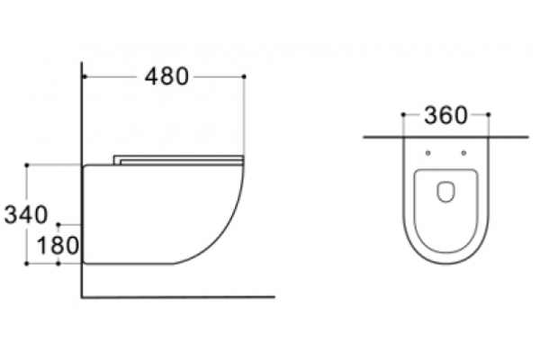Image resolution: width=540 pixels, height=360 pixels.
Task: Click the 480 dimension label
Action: click(x=166, y=76)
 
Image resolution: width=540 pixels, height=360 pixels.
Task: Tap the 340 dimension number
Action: click(x=26, y=214)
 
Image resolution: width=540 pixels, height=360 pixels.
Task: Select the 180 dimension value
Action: click(x=58, y=246)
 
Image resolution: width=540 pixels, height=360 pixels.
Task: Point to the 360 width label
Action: click(x=446, y=115)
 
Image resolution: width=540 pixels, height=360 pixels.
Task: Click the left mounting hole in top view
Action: click(x=428, y=153)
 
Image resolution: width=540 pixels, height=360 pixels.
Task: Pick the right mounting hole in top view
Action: click(x=463, y=153)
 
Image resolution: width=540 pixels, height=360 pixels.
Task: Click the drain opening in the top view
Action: click(x=446, y=192)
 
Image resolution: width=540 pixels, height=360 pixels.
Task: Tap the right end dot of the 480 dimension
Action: click(x=244, y=76)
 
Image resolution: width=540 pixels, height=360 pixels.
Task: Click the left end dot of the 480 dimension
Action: click(x=85, y=76)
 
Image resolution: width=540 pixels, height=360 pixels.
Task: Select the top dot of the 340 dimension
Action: click(x=27, y=166)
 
